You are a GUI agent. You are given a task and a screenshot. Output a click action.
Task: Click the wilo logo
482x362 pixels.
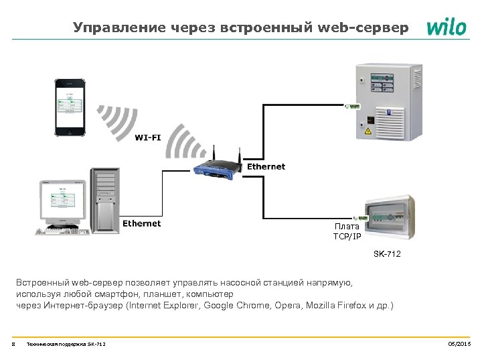pyautogui.click(x=447, y=27)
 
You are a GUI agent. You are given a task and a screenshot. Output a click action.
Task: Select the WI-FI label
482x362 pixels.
pyautogui.click(x=148, y=137)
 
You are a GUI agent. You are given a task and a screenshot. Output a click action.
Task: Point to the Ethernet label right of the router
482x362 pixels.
pyautogui.click(x=266, y=166)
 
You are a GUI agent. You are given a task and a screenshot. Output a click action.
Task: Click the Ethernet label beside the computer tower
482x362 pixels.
pyautogui.click(x=141, y=223)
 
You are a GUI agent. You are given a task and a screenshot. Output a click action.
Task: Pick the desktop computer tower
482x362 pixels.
pyautogui.click(x=106, y=200)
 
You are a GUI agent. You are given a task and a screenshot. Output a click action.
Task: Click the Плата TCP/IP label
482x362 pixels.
pyautogui.click(x=347, y=231)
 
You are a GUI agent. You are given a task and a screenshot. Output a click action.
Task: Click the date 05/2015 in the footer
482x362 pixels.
pyautogui.click(x=459, y=344)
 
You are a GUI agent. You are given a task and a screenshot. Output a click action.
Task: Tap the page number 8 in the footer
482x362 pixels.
pyautogui.click(x=13, y=344)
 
